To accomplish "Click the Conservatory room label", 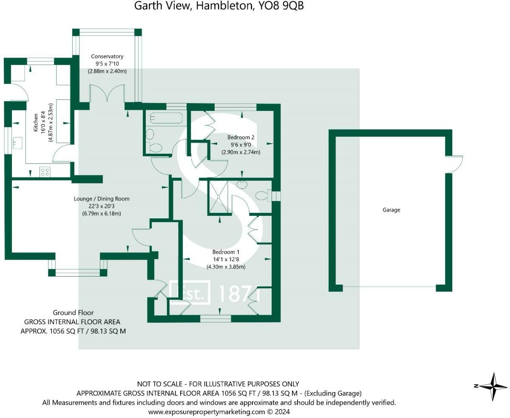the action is [x=107, y=56].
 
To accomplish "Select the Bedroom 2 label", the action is [x=241, y=137].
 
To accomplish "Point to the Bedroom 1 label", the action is [x=226, y=252].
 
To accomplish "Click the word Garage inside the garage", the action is [x=391, y=210].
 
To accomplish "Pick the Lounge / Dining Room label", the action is [x=102, y=199].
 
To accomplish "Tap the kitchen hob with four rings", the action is [x=45, y=172].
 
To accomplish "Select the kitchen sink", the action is [x=18, y=143].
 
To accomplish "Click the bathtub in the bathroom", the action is [x=166, y=118].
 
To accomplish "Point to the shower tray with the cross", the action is [x=218, y=197].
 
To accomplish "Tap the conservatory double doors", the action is [x=107, y=93].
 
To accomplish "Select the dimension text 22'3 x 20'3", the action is [x=101, y=206].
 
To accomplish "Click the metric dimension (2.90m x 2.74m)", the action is [x=241, y=153].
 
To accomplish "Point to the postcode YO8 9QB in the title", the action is [x=281, y=6].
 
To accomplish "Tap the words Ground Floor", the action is [x=73, y=313].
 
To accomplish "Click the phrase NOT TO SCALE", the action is [x=160, y=384].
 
